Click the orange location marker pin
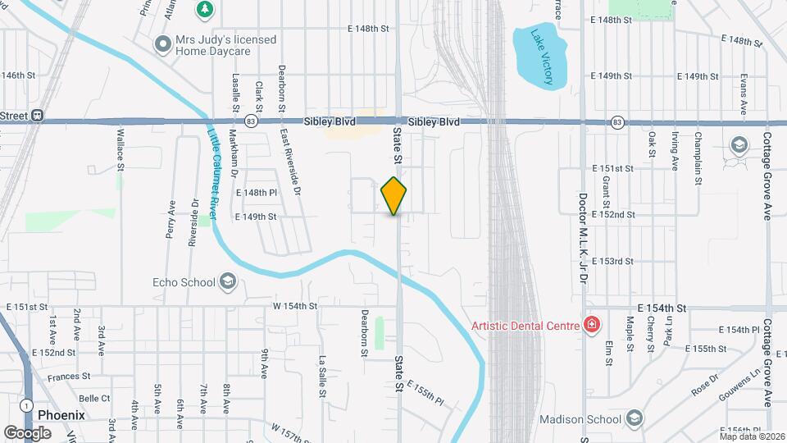pos(393,196)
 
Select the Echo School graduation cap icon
pos(228,283)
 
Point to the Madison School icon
pos(634,419)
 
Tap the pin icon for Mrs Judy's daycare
pos(161,44)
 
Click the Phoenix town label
pos(61,415)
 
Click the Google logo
pos(27,432)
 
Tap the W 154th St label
pos(295,306)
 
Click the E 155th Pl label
pos(425,395)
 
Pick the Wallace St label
pos(120,148)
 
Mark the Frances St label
pos(69,377)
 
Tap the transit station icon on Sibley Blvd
pos(38,116)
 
